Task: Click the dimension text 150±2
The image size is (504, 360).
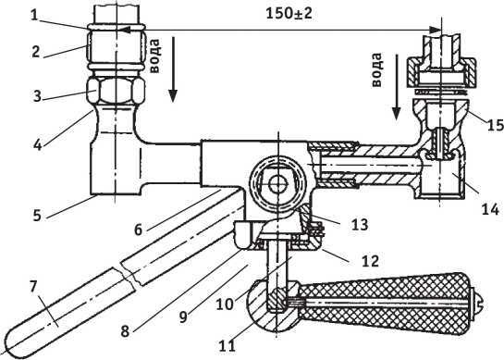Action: point(289,14)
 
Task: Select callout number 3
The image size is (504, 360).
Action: point(38,96)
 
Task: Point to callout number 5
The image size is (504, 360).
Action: point(37,216)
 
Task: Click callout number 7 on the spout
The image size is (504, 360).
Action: point(33,287)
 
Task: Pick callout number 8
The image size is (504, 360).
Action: point(125,331)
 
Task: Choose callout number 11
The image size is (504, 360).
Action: point(227,346)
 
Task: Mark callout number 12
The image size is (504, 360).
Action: point(370,261)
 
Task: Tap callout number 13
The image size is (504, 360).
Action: point(360,224)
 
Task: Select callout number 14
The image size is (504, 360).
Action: point(490,209)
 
